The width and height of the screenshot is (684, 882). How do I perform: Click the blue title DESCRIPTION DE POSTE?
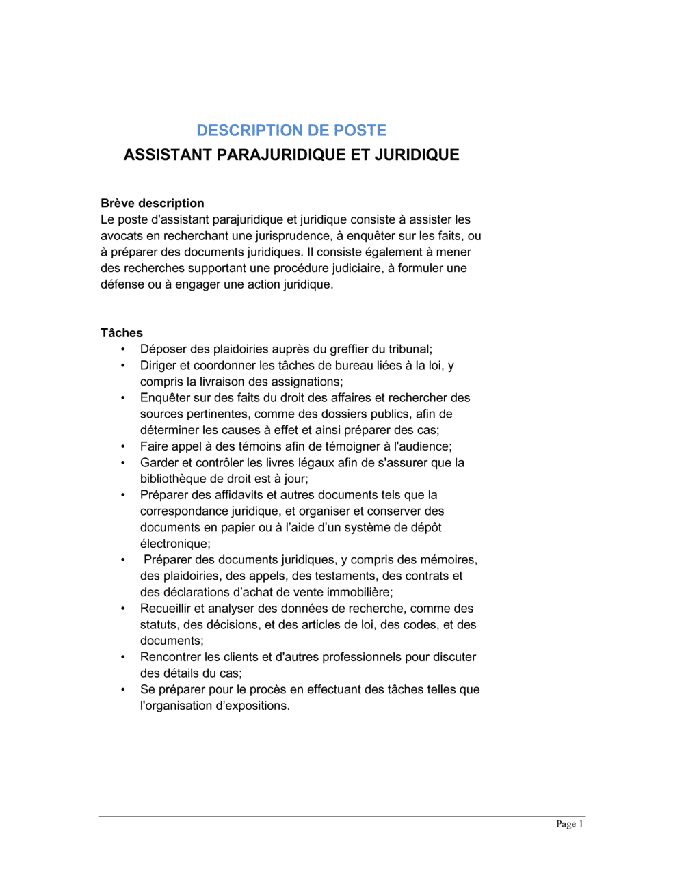pyautogui.click(x=291, y=131)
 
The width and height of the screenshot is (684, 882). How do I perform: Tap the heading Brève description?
pyautogui.click(x=152, y=203)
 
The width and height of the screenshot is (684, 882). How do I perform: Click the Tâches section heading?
pyautogui.click(x=122, y=333)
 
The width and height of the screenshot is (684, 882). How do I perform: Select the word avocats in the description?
pyautogui.click(x=121, y=236)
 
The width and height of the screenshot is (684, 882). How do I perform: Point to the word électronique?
pyautogui.click(x=175, y=544)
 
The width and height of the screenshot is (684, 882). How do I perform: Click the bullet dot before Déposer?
pyautogui.click(x=123, y=349)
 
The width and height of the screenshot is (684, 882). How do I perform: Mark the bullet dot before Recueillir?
pyautogui.click(x=123, y=609)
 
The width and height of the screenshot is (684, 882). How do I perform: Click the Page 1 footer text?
pyautogui.click(x=570, y=824)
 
